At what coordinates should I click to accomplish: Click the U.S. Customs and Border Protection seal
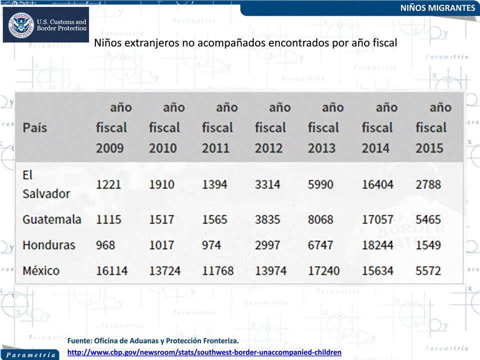coord(21,25)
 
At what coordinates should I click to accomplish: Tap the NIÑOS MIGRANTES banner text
coord(438,8)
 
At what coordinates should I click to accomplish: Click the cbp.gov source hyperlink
coord(204,353)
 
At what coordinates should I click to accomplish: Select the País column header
coord(34,128)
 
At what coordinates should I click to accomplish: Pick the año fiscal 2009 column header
coord(114,128)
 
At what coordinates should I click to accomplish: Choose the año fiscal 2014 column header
coord(380,128)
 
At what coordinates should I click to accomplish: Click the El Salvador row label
coord(46,185)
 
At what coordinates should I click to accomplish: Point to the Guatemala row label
coord(52,220)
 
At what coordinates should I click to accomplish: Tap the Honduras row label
coord(48,245)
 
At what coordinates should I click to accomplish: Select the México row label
coord(41,271)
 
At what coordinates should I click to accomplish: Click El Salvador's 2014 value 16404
coord(378,185)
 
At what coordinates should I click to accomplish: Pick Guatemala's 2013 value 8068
coord(321,220)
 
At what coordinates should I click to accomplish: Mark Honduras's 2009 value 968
coord(105,245)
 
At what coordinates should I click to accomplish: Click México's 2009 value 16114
coord(112,271)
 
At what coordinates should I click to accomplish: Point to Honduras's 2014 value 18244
coord(378,245)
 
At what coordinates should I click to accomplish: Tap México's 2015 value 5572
coord(428,271)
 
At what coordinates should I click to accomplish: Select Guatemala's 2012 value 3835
coord(268,220)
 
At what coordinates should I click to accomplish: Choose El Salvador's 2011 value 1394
coord(215,185)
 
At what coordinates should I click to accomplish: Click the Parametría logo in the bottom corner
coord(30,355)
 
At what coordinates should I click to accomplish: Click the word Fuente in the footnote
coord(79,341)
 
